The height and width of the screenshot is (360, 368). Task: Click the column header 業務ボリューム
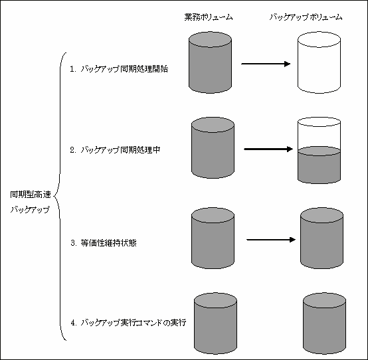209,17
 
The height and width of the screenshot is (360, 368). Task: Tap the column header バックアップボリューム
306,17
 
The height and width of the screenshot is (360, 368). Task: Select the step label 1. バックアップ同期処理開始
119,69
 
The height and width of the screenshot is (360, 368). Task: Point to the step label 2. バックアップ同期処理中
115,149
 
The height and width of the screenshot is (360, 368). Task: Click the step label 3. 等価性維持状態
104,242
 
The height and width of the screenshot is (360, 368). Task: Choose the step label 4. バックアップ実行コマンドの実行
128,322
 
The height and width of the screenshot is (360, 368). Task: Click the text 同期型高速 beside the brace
31,195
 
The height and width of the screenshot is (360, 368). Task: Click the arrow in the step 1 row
266,64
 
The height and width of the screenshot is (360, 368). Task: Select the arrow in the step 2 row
268,149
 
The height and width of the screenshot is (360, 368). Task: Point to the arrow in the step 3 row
271,240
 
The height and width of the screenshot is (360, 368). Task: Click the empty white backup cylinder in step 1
320,62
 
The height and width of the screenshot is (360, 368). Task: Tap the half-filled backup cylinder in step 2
320,150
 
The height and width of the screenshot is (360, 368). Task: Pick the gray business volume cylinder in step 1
211,62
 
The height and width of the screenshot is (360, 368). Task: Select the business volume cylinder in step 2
213,148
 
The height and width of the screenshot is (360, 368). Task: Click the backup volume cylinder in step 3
322,238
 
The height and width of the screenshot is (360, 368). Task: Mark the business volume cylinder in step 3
213,238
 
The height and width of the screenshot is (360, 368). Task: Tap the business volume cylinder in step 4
215,323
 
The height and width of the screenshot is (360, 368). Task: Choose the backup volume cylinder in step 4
324,323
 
